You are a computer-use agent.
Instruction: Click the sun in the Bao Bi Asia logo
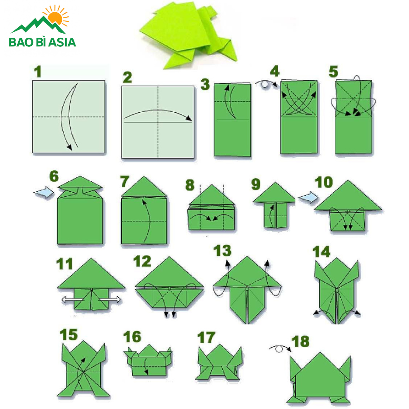tap(55, 17)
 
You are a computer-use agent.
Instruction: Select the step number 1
tap(38, 71)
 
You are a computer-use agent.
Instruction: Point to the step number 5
tap(334, 71)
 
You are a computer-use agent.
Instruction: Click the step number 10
tap(324, 182)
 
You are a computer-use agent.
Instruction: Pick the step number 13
tap(222, 251)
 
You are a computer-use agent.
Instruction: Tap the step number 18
tap(300, 341)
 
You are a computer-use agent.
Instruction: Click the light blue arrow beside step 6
tap(44, 193)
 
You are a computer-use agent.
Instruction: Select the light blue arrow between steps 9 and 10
tap(308, 197)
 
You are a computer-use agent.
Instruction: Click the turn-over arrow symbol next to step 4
tap(266, 84)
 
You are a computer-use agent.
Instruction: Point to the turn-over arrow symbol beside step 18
tap(280, 349)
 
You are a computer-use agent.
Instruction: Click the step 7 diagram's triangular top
tap(144, 186)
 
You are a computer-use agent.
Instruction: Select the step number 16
tap(132, 337)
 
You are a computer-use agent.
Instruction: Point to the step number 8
tap(190, 185)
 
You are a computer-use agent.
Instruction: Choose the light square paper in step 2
tap(158, 122)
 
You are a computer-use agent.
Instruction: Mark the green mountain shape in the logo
tap(38, 25)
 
